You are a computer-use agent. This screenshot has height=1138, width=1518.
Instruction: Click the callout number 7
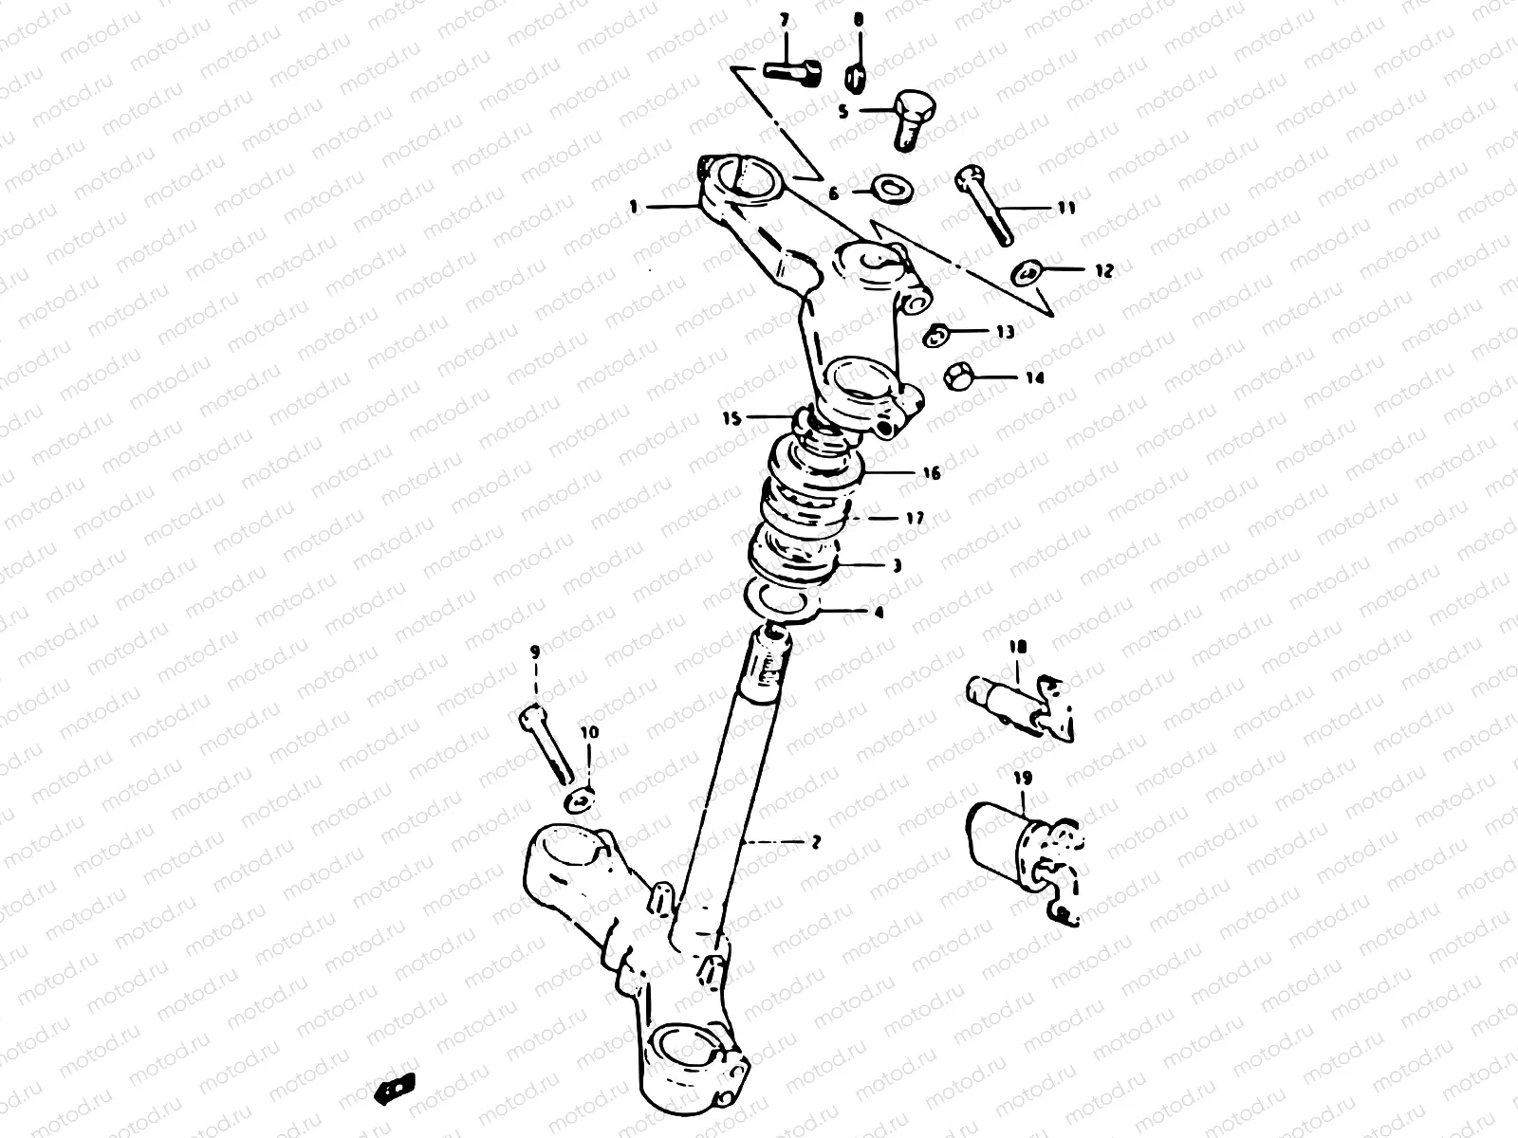tap(785, 19)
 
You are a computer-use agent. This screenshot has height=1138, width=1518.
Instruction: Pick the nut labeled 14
tap(957, 376)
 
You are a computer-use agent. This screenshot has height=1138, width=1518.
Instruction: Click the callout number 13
tap(1005, 332)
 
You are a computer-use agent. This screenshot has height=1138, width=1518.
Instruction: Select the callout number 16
tap(932, 472)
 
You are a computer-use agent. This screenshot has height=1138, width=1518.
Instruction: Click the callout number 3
tap(897, 565)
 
